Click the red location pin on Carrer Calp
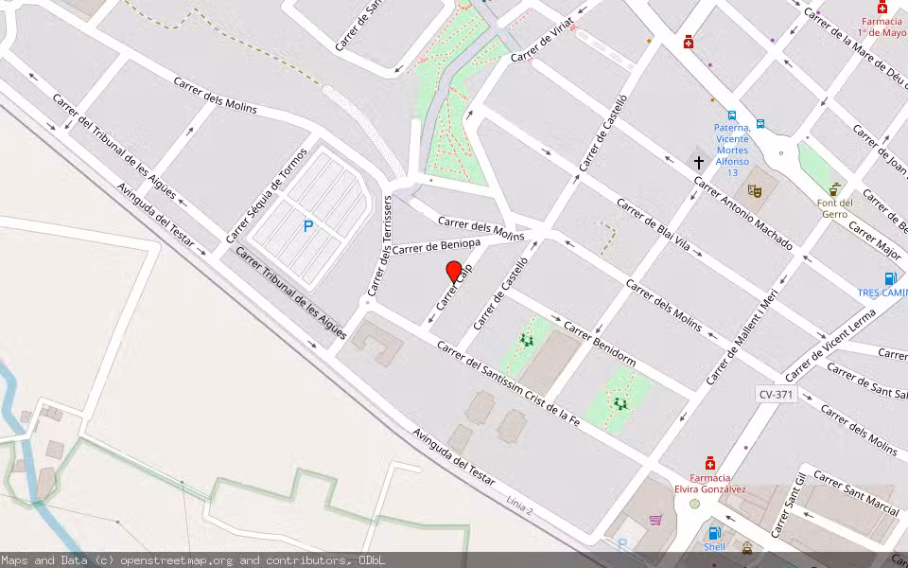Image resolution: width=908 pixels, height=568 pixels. pos(454,272)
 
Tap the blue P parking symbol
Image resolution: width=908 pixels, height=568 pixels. pos(307,226)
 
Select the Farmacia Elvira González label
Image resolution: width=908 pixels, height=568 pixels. pos(710,483)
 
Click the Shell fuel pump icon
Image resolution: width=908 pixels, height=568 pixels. pos(714,533)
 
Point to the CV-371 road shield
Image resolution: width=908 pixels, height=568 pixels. pos(777,393)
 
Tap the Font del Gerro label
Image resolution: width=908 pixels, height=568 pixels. pos(835,208)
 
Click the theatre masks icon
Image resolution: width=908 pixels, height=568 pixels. pos(755,190)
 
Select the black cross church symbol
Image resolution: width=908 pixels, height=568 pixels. pos(699,163)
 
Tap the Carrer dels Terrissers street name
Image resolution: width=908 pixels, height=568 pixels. pos(379,245)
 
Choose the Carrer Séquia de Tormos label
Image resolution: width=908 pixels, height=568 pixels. pos(267,194)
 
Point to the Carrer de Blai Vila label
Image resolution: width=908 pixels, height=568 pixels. pos(654,228)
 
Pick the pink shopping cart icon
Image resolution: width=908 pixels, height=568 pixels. pos(655,519)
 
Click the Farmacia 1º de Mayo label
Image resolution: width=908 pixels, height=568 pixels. pos(882,27)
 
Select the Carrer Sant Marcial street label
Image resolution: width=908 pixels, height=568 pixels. pos(855,492)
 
